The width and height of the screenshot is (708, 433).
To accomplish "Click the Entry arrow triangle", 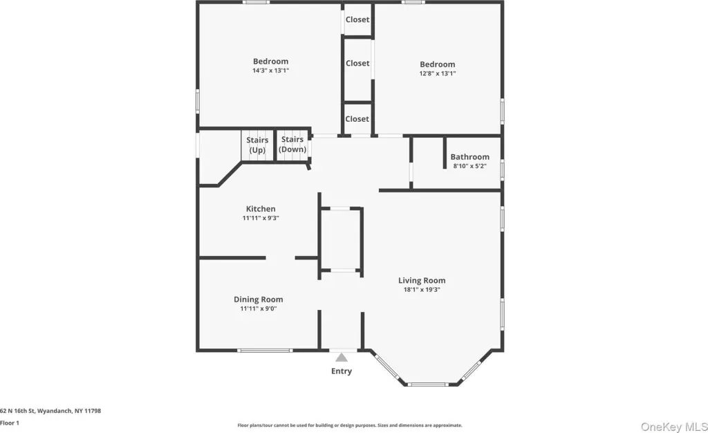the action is click(342, 358).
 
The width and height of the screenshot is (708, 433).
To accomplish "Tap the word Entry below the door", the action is click(342, 371).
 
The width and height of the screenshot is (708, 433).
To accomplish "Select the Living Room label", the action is click(422, 280).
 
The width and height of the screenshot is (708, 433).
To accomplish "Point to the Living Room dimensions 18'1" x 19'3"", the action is click(422, 290).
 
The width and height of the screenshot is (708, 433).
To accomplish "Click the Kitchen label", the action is click(261, 209).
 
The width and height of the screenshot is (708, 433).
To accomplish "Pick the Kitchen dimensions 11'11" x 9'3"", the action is click(261, 218).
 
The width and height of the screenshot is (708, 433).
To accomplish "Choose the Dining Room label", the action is click(259, 300).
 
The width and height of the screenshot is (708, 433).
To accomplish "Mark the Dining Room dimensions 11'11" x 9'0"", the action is click(259, 308).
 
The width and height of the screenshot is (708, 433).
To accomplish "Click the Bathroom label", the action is click(470, 157).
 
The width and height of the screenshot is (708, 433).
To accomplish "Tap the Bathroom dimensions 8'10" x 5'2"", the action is click(470, 166).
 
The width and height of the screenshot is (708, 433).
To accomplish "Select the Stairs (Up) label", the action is click(257, 145).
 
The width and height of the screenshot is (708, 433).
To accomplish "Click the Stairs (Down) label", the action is click(292, 145).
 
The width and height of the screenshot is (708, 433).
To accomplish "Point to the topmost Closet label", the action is click(357, 19).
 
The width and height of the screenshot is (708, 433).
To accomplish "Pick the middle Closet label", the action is click(357, 63).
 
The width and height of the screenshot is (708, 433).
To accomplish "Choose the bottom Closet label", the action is click(357, 119).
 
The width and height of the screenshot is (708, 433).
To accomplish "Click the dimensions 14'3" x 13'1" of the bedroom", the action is click(270, 71).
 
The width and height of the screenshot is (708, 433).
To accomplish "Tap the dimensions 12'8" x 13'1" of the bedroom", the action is click(438, 73).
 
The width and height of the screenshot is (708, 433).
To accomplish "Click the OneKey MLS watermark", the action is click(674, 427).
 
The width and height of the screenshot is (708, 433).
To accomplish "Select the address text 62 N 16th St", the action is click(17, 411).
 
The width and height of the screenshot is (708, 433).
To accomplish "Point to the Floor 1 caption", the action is click(10, 423).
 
